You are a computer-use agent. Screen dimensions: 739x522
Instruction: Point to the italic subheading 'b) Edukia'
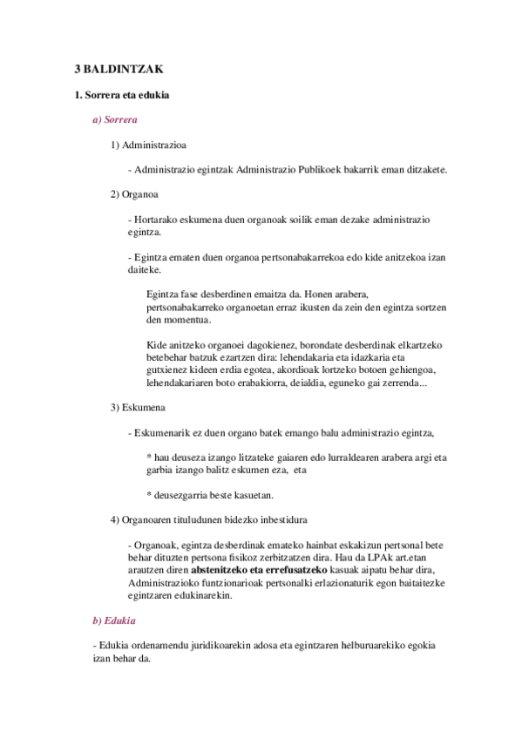pos(113,620)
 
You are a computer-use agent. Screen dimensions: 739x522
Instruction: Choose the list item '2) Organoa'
pos(133,193)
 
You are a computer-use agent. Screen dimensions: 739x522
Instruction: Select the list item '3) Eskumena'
pos(136,407)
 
